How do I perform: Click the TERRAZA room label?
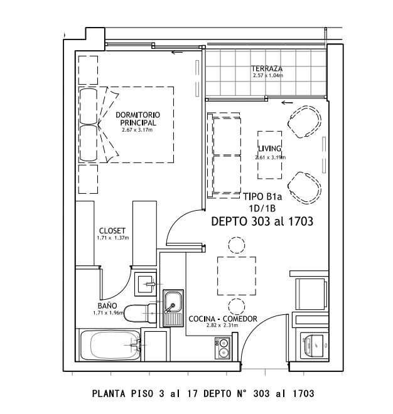pyautogui.click(x=267, y=68)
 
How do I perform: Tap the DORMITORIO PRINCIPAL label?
pyautogui.click(x=137, y=119)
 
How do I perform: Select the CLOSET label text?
pyautogui.click(x=112, y=230)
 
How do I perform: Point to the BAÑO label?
pyautogui.click(x=107, y=305)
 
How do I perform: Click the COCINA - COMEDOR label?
pyautogui.click(x=223, y=319)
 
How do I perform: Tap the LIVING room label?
pyautogui.click(x=269, y=149)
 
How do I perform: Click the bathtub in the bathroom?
pyautogui.click(x=110, y=345)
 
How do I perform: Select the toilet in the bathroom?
pyautogui.click(x=140, y=313)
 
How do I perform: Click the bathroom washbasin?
pyautogui.click(x=146, y=284)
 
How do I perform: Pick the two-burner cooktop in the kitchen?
pyautogui.click(x=222, y=348)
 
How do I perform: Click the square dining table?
pyautogui.click(x=237, y=275)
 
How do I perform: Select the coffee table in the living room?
pyautogui.click(x=269, y=155)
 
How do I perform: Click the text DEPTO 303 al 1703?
pyautogui.click(x=262, y=221)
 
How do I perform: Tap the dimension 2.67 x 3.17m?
pyautogui.click(x=137, y=130)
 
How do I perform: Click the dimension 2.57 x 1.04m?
pyautogui.click(x=267, y=75)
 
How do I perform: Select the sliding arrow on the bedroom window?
pyautogui.click(x=177, y=52)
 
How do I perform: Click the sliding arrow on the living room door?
pyautogui.click(x=288, y=102)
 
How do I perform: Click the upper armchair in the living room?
pyautogui.click(x=304, y=122)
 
